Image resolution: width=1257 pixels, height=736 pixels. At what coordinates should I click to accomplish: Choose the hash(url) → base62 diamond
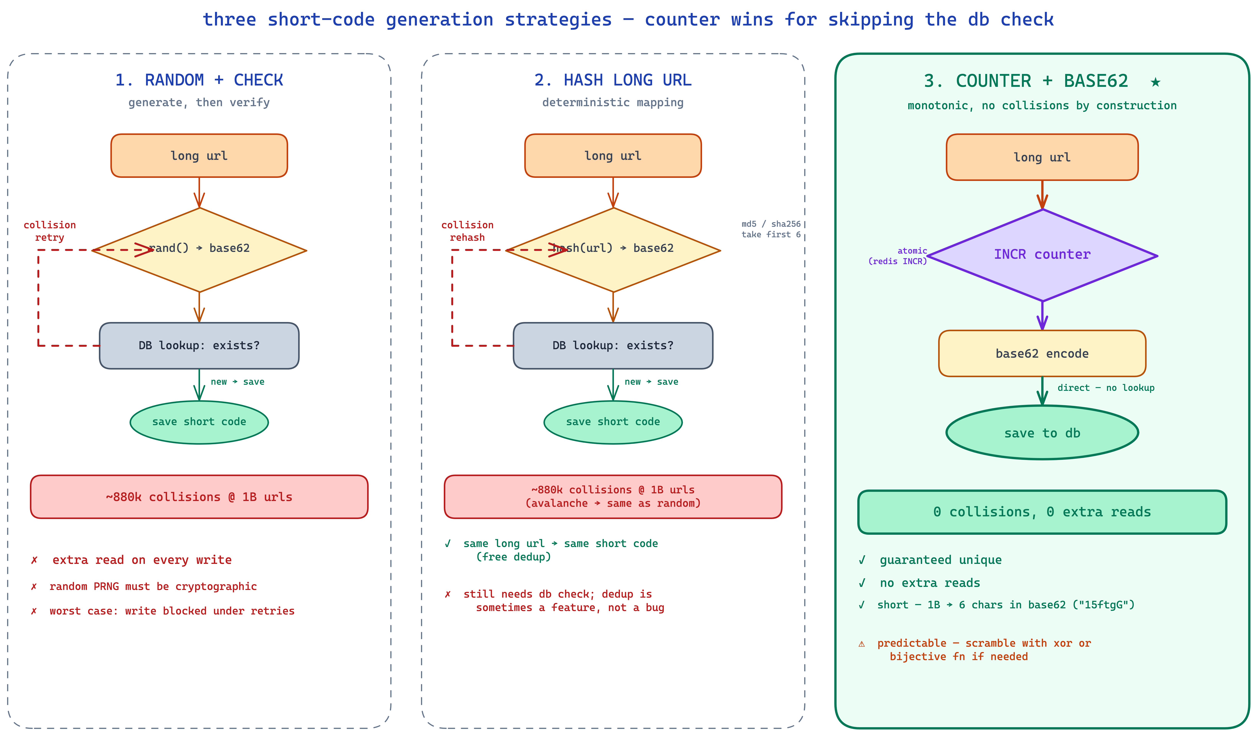click(x=613, y=250)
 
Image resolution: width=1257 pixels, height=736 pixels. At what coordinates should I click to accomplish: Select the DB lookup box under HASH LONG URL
click(x=613, y=345)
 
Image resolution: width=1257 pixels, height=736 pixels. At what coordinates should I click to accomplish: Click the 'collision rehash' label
click(x=467, y=231)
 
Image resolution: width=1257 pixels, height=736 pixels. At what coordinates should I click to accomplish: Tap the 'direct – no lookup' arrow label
click(x=1106, y=388)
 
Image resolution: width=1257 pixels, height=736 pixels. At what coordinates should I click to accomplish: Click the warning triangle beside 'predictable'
click(x=862, y=644)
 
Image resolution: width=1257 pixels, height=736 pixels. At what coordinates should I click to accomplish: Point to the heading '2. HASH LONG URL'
click(x=613, y=80)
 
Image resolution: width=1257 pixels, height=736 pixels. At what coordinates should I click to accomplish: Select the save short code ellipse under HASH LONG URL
click(x=613, y=422)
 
